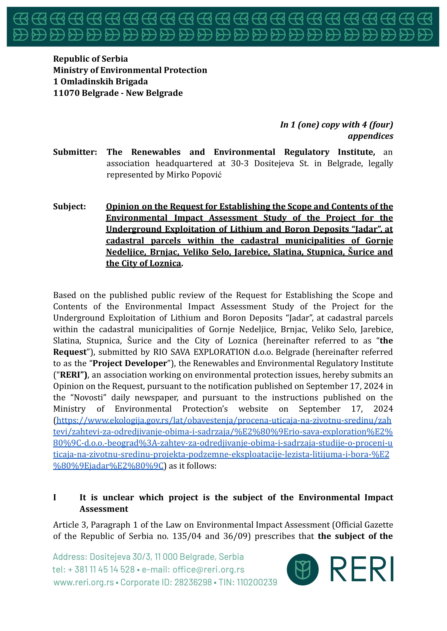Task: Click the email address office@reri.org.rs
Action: coord(208,569)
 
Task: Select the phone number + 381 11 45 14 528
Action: coord(104,569)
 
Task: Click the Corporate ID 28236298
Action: coord(193,582)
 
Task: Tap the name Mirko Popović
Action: coord(194,175)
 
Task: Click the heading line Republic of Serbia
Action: coord(90,59)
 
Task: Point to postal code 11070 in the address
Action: coord(66,93)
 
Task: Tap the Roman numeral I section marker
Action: coord(55,497)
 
